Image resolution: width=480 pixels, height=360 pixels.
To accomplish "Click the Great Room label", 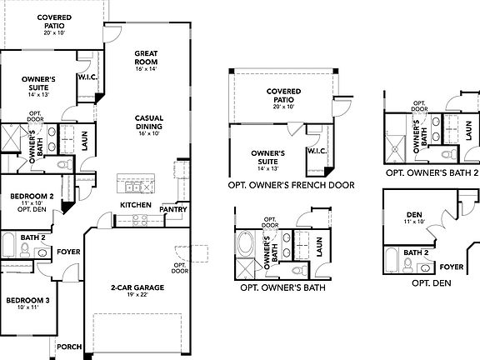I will pyautogui.click(x=147, y=57).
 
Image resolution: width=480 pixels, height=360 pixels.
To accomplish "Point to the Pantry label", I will pyautogui.click(x=172, y=209).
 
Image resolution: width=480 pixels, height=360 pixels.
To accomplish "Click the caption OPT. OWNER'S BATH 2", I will pyautogui.click(x=432, y=173).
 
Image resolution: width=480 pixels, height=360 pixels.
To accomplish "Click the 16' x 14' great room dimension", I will pyautogui.click(x=147, y=69).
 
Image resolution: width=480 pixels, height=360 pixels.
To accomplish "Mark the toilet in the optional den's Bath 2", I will pyautogui.click(x=409, y=265).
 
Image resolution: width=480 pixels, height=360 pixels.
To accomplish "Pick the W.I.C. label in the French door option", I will pyautogui.click(x=317, y=151).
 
